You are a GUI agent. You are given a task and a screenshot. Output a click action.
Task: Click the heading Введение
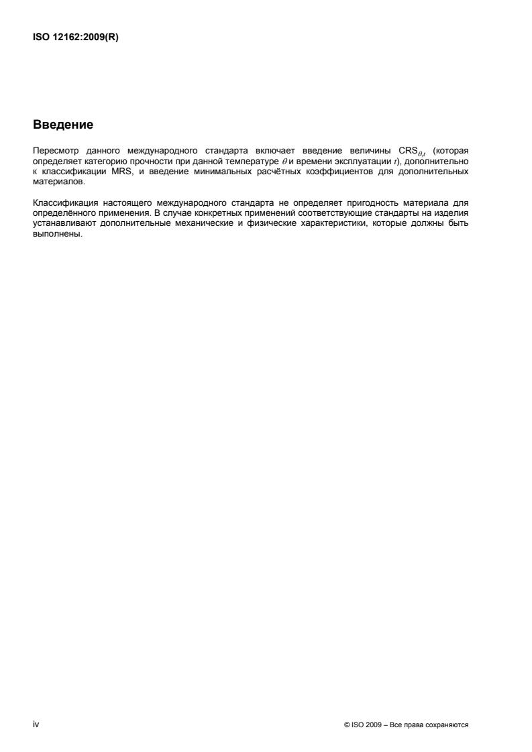pyautogui.click(x=62, y=125)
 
